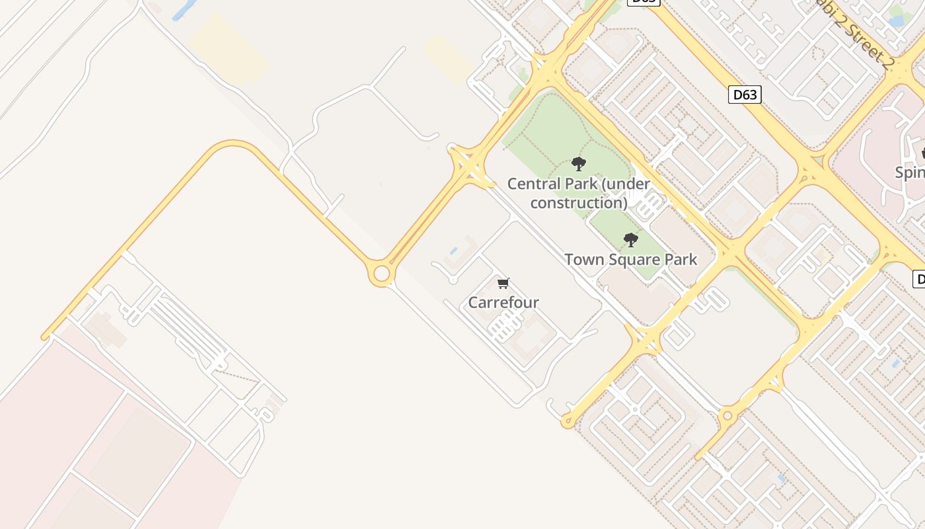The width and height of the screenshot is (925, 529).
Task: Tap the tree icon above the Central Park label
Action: tap(579, 163)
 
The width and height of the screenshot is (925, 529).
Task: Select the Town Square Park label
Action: tap(630, 259)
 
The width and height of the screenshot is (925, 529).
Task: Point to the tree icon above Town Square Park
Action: tap(631, 239)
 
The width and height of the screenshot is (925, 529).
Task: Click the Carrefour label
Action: tap(503, 302)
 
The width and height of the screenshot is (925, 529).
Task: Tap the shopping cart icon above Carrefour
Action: tap(503, 284)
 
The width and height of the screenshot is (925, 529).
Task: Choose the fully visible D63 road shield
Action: tap(745, 95)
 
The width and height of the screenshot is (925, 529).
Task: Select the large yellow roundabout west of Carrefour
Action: tap(381, 273)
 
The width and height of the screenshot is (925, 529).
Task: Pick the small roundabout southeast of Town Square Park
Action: tap(727, 415)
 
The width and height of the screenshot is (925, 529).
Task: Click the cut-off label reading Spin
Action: tap(910, 173)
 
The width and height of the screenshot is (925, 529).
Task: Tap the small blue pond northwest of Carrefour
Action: tap(453, 251)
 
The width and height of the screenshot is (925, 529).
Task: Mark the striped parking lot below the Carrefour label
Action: tap(506, 326)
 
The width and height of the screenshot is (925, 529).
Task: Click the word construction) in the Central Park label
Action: tap(578, 202)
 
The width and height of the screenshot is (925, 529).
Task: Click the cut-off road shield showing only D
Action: tap(918, 278)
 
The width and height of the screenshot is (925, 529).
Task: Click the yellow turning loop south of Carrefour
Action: tap(567, 421)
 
